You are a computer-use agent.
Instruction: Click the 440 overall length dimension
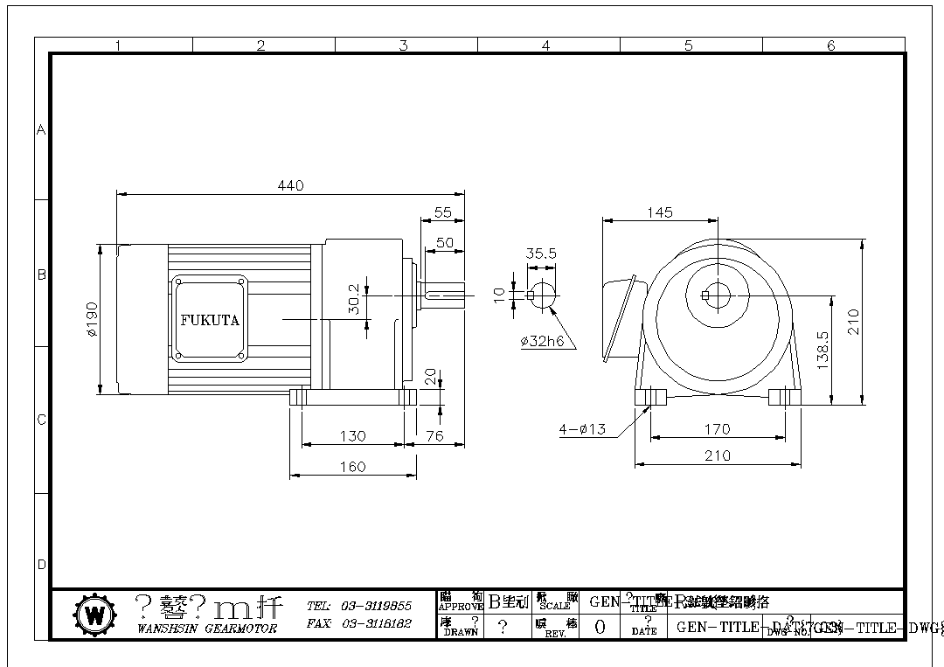(x=290, y=185)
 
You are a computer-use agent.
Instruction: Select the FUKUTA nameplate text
(x=210, y=320)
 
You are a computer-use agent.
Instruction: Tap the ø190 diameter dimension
(x=92, y=320)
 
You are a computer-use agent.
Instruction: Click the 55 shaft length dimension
(x=442, y=212)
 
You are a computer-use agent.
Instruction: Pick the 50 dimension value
(x=445, y=243)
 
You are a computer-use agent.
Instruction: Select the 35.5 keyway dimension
(x=541, y=254)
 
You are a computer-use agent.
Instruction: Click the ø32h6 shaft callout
(x=542, y=342)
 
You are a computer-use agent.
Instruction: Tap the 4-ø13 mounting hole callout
(x=582, y=429)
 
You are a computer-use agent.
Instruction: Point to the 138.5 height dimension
(x=823, y=350)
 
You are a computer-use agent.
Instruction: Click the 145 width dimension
(x=660, y=212)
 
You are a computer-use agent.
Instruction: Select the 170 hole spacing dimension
(x=717, y=429)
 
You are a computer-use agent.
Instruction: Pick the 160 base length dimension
(x=352, y=467)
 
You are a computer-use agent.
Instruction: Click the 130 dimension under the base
(x=352, y=435)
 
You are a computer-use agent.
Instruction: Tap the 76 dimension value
(x=434, y=435)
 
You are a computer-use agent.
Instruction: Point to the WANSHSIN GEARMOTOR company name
(x=207, y=628)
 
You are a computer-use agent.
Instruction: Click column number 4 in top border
(x=546, y=45)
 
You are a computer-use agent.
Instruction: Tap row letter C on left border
(x=41, y=420)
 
